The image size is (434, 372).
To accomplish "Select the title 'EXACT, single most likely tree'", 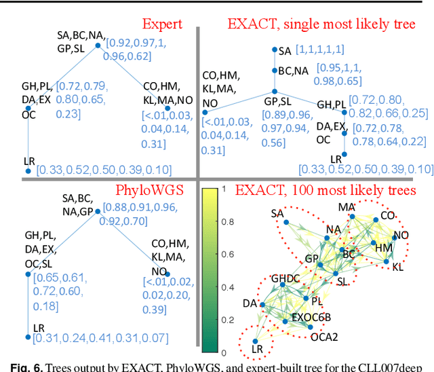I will click(321, 24).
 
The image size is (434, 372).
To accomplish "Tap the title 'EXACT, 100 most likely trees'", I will click(321, 189).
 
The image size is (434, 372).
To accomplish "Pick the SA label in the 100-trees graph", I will click(277, 214).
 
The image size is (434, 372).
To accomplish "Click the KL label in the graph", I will click(397, 267).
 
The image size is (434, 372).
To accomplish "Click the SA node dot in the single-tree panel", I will click(275, 50).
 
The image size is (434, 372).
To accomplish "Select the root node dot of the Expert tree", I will click(98, 45).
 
